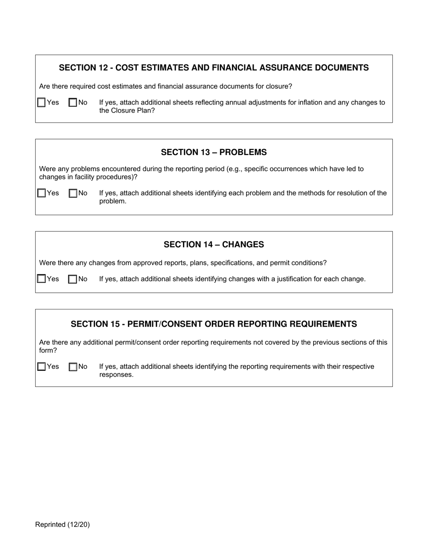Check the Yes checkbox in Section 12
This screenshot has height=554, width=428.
41,103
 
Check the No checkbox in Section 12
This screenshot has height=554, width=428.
73,103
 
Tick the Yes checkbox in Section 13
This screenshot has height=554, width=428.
41,193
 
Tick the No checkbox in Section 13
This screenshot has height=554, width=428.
73,193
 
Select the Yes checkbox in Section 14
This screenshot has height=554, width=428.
41,279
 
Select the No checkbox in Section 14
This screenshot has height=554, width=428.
73,279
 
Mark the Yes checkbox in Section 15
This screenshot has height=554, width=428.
41,367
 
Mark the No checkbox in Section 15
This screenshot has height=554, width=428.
73,367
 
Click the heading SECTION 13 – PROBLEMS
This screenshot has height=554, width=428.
214,152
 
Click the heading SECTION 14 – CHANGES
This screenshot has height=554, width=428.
214,245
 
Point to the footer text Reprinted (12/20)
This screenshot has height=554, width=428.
62,524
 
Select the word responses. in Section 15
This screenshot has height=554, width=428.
116,375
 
